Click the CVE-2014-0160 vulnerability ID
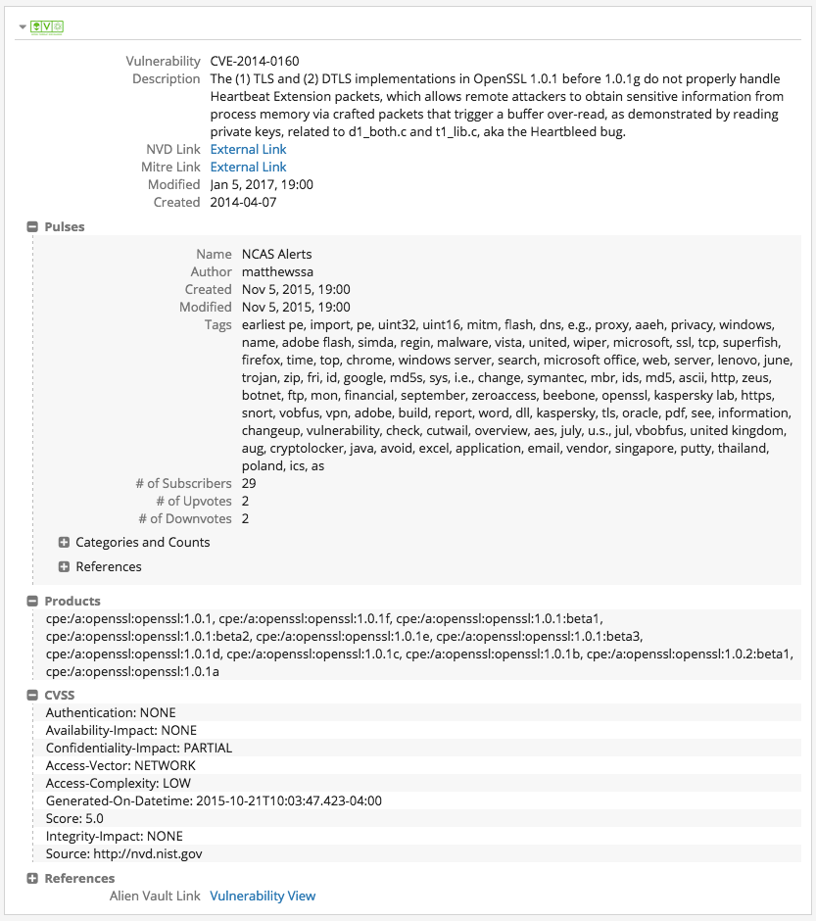click(255, 61)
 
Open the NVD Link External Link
click(248, 149)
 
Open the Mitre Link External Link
click(248, 167)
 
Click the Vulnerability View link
click(263, 896)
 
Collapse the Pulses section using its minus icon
click(32, 227)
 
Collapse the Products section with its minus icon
click(32, 602)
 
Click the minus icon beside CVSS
click(32, 696)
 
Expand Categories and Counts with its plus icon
click(64, 543)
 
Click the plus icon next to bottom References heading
click(32, 879)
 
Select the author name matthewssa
click(277, 271)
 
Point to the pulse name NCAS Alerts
click(276, 254)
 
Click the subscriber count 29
click(249, 483)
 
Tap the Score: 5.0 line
click(74, 818)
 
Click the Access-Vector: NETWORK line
click(120, 765)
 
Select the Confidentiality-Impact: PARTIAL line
click(139, 748)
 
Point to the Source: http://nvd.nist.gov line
click(123, 853)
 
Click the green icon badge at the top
click(47, 26)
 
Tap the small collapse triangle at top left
click(23, 26)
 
